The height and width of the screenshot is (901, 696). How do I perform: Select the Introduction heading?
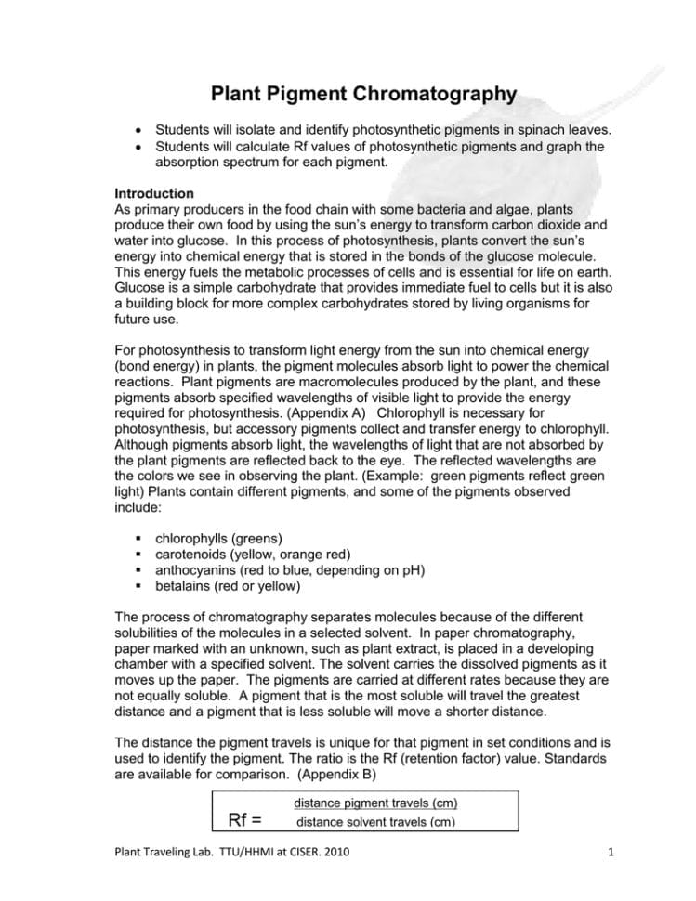(154, 193)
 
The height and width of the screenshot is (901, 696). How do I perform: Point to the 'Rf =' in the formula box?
(244, 818)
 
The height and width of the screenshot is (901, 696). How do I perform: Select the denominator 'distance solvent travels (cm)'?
(375, 823)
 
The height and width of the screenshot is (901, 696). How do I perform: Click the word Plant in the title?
(238, 94)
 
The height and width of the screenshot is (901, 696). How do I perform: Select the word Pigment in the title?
(317, 94)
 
